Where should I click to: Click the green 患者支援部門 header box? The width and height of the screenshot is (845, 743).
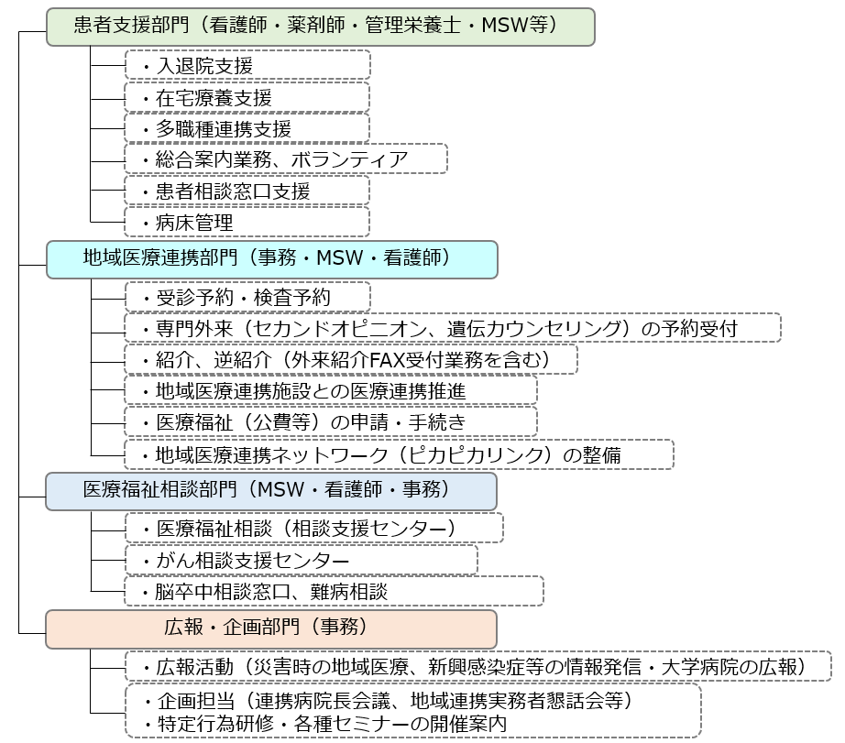coord(321,27)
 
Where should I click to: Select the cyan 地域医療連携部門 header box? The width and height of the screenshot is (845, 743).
coord(272,259)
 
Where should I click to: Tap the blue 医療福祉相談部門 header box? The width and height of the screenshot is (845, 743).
coord(271,491)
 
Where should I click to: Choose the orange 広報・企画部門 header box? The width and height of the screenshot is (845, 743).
coord(271,628)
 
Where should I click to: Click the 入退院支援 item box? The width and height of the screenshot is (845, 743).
coord(247,65)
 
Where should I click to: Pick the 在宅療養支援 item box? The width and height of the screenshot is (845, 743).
coord(247,97)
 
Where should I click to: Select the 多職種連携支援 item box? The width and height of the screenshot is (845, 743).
coord(247,128)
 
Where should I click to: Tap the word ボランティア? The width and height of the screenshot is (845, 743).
coord(349,159)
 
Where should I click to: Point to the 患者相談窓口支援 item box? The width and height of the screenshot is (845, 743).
coord(247,191)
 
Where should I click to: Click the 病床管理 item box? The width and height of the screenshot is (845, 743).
coord(247,222)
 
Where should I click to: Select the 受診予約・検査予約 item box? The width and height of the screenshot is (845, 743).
coord(247,297)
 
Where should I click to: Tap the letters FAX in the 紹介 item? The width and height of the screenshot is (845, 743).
coord(387,360)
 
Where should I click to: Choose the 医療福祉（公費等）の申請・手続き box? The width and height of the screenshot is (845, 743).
coord(331,421)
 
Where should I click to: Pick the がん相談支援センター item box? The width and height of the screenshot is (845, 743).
coord(302,560)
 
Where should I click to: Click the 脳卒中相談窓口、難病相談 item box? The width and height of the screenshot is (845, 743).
coord(335,591)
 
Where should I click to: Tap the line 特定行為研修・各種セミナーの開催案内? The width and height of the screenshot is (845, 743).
coord(332,724)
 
